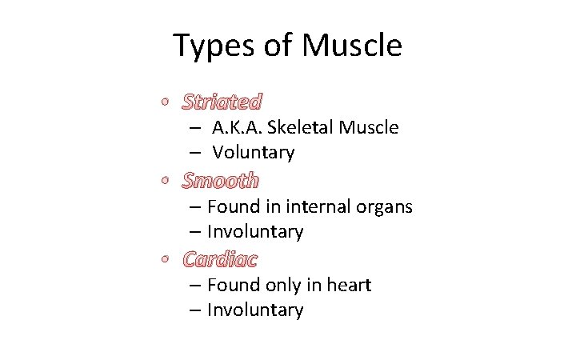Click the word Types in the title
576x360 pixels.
(210, 46)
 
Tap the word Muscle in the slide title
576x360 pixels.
(352, 46)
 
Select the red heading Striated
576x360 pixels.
(222, 102)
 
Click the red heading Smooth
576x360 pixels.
(220, 181)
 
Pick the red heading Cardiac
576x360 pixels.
(220, 259)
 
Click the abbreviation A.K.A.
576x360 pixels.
(237, 127)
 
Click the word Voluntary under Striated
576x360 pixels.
(253, 152)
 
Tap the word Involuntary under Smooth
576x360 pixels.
(255, 232)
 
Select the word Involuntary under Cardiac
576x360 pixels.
(255, 310)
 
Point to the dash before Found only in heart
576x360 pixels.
(195, 286)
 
